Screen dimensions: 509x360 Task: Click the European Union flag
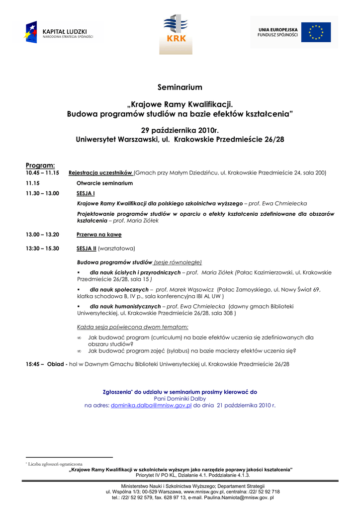(319, 32)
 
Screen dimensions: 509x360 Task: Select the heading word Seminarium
(180, 87)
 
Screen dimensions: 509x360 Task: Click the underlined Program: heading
(40, 165)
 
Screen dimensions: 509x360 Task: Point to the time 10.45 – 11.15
(42, 173)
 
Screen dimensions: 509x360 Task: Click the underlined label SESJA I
(86, 193)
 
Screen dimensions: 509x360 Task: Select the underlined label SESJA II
(87, 248)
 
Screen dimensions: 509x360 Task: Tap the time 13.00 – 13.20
(42, 234)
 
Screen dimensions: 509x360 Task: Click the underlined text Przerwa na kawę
(99, 234)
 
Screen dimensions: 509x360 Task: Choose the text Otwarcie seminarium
(104, 183)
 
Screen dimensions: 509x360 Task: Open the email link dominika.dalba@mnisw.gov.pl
(151, 406)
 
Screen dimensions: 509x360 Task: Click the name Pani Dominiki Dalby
(180, 399)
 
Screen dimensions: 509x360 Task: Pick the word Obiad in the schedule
(56, 364)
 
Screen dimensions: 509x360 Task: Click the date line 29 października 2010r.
(180, 130)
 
